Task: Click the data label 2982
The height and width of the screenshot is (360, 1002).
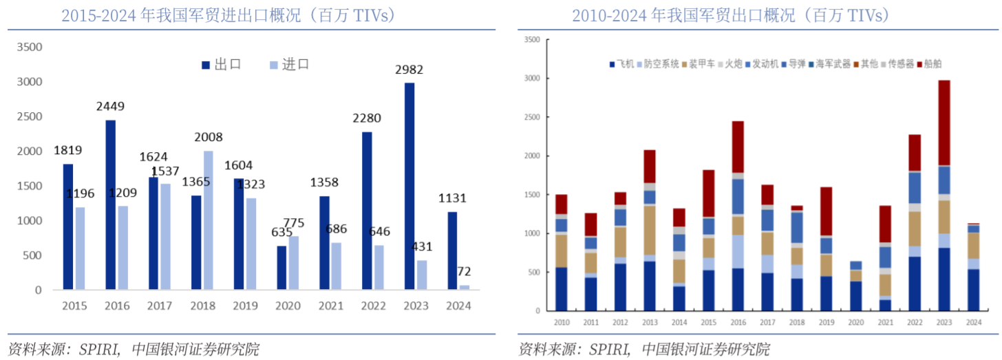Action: (x=409, y=70)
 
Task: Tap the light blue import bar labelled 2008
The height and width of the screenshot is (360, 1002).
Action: (x=209, y=220)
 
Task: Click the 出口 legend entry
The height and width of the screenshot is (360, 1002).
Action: (x=222, y=65)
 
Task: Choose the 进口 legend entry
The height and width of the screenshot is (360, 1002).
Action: (x=290, y=65)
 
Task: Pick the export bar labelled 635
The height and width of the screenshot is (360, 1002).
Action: (x=281, y=268)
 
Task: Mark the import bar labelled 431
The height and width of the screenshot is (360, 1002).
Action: (x=422, y=275)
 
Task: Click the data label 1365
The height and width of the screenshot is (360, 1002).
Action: (x=195, y=182)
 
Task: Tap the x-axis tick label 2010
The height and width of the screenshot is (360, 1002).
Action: (x=562, y=321)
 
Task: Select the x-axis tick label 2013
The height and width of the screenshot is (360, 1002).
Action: (x=650, y=321)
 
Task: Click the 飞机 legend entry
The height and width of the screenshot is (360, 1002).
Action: (x=623, y=64)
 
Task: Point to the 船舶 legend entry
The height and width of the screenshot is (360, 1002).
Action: (x=929, y=64)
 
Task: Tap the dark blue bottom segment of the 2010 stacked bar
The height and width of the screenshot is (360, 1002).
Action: (x=562, y=289)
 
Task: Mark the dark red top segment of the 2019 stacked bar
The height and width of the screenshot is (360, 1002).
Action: (x=826, y=211)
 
